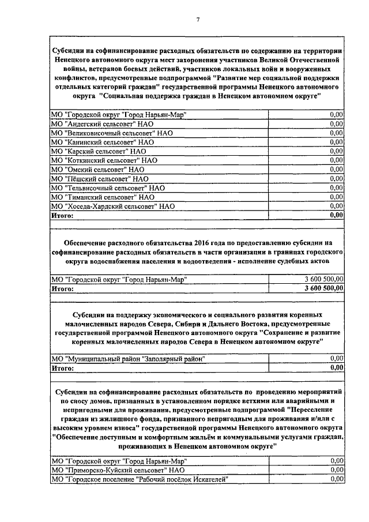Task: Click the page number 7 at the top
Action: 197,20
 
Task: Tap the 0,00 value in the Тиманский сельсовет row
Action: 336,197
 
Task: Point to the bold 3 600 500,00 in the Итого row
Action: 320,288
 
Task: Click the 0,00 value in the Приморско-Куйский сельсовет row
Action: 336,470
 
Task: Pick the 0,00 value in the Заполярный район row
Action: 336,358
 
